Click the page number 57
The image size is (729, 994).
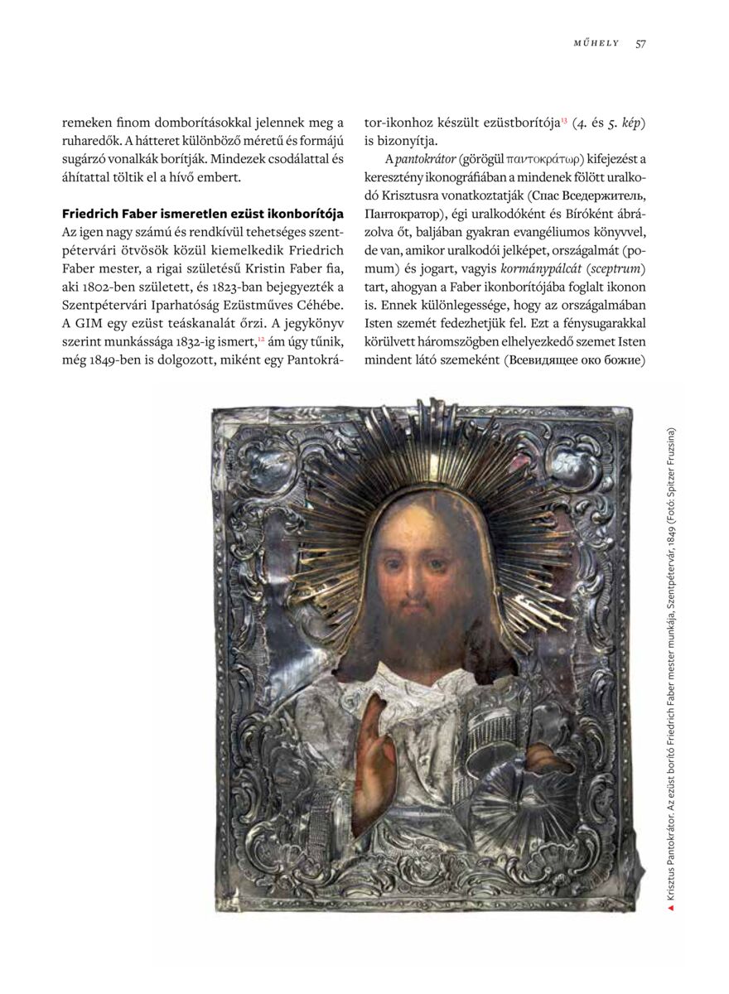(640, 44)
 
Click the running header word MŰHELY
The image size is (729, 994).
(596, 44)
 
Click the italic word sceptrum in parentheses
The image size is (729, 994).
(620, 269)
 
